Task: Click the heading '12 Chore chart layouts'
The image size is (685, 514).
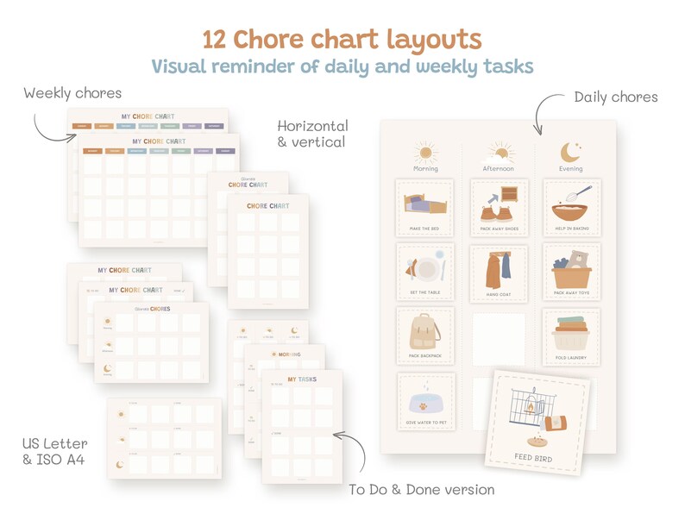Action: click(x=342, y=40)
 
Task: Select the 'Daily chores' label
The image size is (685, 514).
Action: click(x=616, y=97)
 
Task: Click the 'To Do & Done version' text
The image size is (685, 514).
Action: click(x=422, y=490)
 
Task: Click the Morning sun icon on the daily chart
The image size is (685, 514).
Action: click(x=425, y=154)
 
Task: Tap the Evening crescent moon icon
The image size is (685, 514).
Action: click(x=570, y=153)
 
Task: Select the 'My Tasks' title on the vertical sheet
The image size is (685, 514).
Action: click(x=302, y=379)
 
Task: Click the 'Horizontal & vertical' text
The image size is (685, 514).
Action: click(x=313, y=133)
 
